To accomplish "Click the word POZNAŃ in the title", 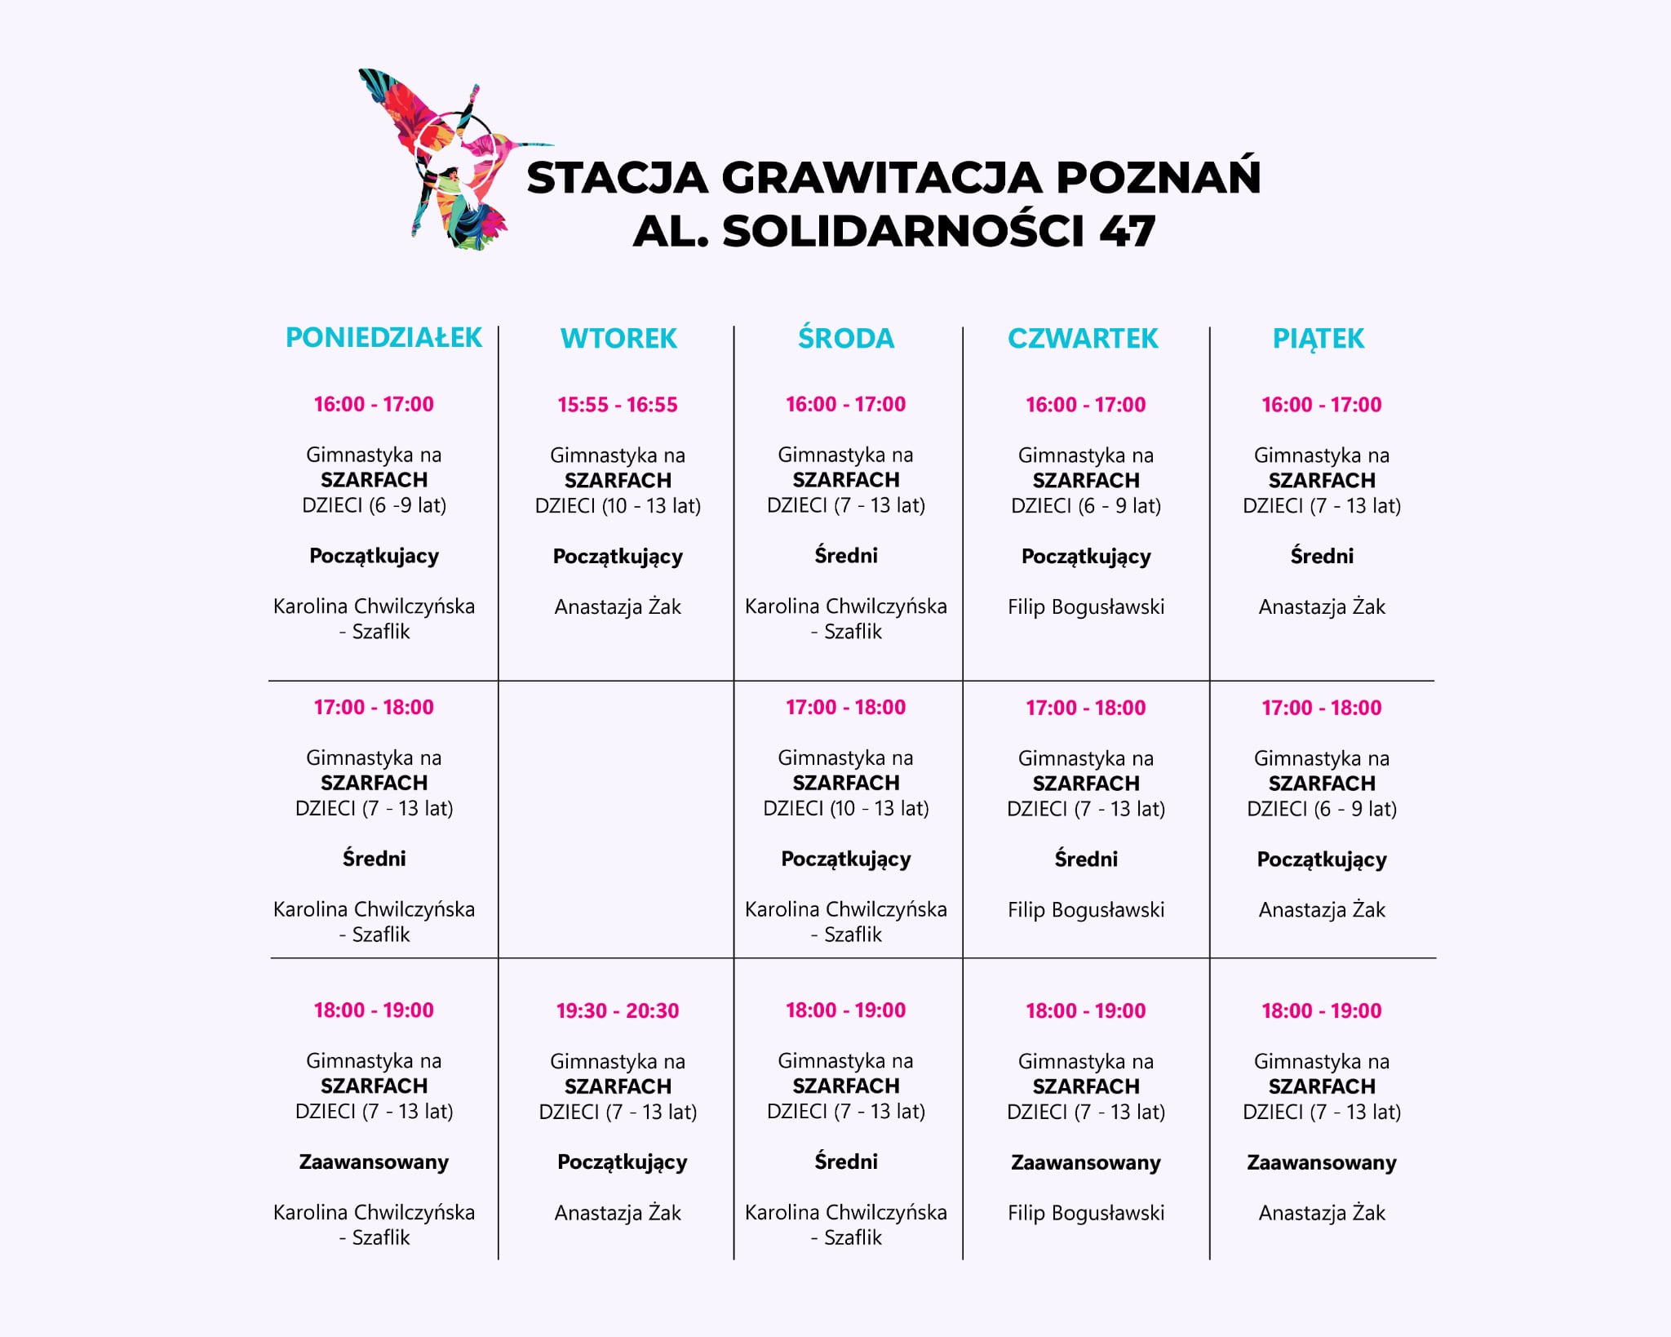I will click(x=1159, y=177).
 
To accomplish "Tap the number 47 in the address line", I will click(x=1127, y=231).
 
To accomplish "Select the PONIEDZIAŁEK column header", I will click(x=383, y=337).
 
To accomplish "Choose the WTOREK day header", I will click(x=618, y=338).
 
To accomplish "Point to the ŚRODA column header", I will click(x=846, y=338).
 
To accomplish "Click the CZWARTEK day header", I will click(x=1083, y=338).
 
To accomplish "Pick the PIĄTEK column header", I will click(x=1319, y=338).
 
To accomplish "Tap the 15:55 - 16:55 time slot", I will click(x=618, y=405).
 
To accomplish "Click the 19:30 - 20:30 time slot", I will click(x=618, y=1011).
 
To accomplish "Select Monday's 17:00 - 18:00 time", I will click(x=374, y=707).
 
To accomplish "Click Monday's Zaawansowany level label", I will click(x=374, y=1162).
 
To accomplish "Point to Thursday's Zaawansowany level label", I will click(x=1085, y=1162).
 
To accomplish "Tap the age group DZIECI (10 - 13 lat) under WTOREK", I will click(x=618, y=505).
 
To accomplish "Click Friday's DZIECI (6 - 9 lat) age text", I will click(x=1322, y=809).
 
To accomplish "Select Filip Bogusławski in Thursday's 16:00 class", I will click(x=1085, y=606).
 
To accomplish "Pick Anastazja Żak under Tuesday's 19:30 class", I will click(x=618, y=1213).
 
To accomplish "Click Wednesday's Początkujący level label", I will click(x=846, y=859).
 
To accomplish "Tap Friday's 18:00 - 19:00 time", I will click(x=1322, y=1011).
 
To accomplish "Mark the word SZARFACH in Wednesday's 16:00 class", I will click(x=846, y=480).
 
